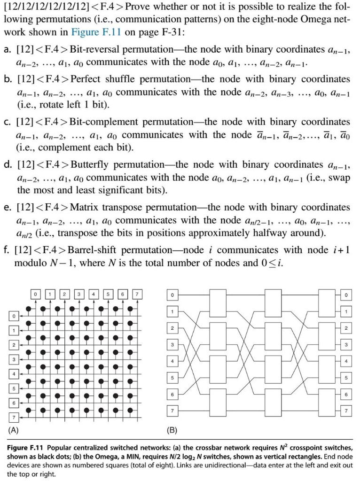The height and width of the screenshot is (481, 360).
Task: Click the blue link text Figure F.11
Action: click(94, 33)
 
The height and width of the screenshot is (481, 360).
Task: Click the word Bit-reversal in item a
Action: click(97, 49)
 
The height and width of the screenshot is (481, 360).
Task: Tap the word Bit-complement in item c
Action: click(104, 122)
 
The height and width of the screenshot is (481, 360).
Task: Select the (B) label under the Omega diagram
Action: click(172, 429)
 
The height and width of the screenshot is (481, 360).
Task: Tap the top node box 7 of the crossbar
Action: click(137, 295)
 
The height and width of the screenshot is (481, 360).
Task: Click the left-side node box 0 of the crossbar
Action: click(15, 314)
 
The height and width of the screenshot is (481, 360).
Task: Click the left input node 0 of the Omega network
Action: click(172, 295)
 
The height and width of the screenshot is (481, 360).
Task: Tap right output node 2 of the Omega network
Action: click(346, 328)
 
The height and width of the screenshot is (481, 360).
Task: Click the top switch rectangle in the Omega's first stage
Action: click(218, 303)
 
